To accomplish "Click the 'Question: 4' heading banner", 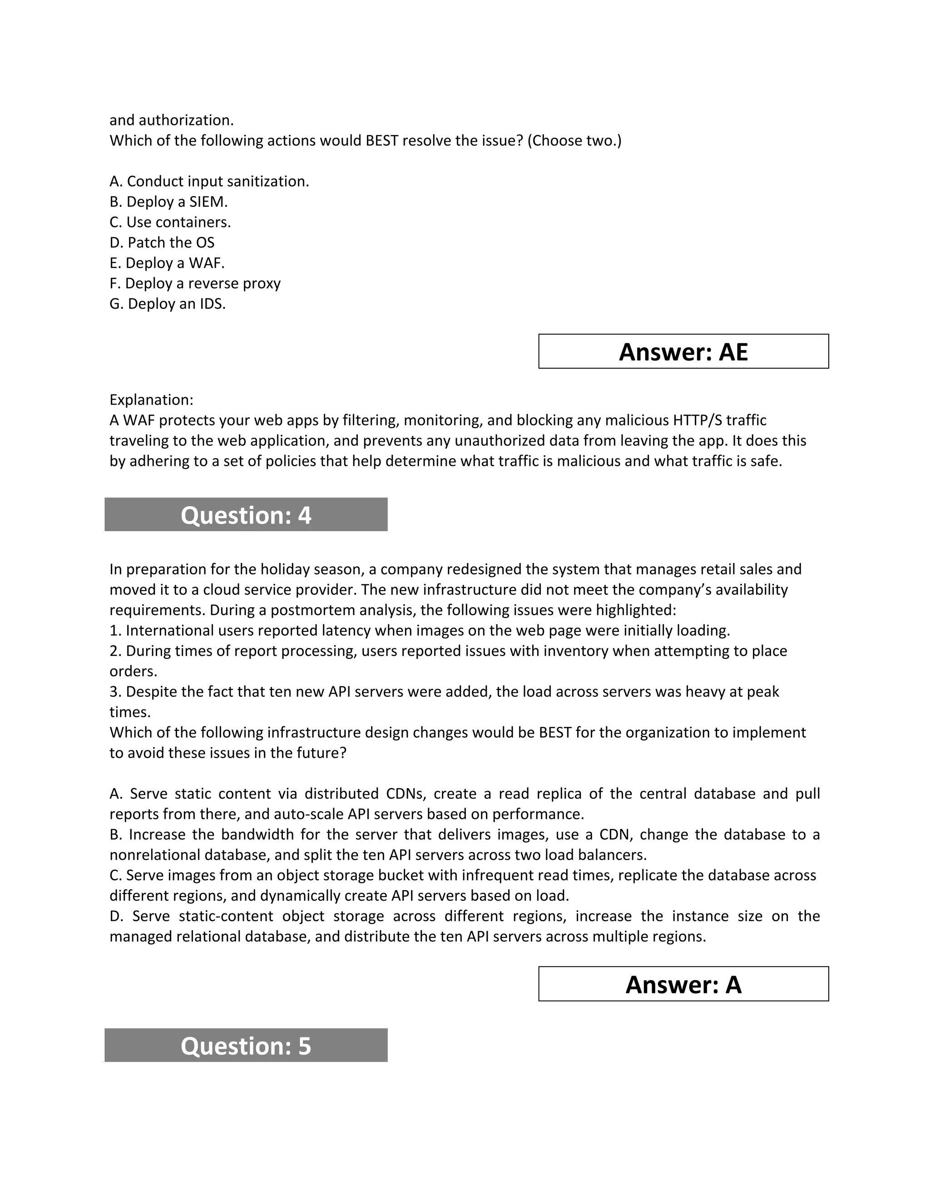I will pyautogui.click(x=246, y=514).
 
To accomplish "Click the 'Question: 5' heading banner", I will pyautogui.click(x=246, y=1045).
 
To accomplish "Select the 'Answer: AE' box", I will pyautogui.click(x=683, y=351).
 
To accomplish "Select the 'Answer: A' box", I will pyautogui.click(x=683, y=984).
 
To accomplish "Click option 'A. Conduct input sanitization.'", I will pyautogui.click(x=209, y=181).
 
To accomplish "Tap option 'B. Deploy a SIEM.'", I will pyautogui.click(x=168, y=202).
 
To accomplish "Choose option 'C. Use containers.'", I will pyautogui.click(x=170, y=222).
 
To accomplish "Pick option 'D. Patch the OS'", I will pyautogui.click(x=162, y=242).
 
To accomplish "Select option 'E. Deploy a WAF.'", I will pyautogui.click(x=167, y=263).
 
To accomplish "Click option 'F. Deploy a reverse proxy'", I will pyautogui.click(x=195, y=283).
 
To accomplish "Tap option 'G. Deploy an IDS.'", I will pyautogui.click(x=168, y=304).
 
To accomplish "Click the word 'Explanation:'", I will pyautogui.click(x=151, y=399).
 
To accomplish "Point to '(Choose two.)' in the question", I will pyautogui.click(x=574, y=140).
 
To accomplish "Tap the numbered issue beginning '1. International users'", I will pyautogui.click(x=419, y=630).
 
